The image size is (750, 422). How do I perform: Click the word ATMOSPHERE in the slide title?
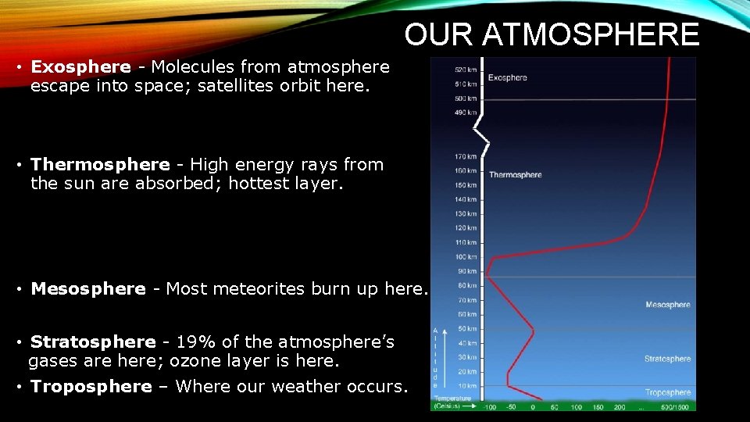click(x=591, y=35)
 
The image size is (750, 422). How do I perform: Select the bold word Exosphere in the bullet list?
click(x=80, y=67)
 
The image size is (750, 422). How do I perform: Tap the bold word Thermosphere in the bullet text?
click(x=100, y=165)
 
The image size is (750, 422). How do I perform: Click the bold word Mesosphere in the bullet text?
click(x=88, y=289)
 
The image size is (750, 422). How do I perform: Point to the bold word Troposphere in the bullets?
click(x=91, y=387)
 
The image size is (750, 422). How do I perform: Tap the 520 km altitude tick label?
click(x=466, y=70)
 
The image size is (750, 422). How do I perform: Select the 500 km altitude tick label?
click(x=466, y=98)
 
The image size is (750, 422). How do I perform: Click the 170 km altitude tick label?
click(x=466, y=156)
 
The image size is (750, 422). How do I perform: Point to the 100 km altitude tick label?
click(x=466, y=257)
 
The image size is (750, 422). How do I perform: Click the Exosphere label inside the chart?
click(x=508, y=77)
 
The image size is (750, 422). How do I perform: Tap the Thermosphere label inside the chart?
click(x=515, y=174)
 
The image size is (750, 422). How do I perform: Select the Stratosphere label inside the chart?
click(x=668, y=359)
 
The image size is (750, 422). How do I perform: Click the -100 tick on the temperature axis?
click(x=490, y=407)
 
